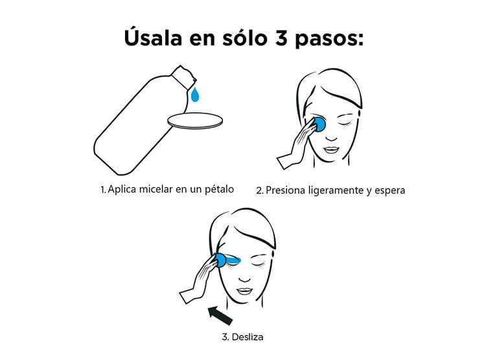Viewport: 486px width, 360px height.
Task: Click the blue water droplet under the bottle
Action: tap(194, 94)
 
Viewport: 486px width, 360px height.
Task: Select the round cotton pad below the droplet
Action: tap(195, 121)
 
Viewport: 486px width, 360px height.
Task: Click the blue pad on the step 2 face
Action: tap(319, 124)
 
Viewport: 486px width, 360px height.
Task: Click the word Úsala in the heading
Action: tap(153, 38)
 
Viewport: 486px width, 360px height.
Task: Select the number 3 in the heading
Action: tap(281, 38)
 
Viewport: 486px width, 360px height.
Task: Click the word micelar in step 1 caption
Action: tap(156, 189)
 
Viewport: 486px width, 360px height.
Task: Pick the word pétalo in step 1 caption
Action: tap(220, 189)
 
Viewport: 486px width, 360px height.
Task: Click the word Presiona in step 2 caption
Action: tap(286, 190)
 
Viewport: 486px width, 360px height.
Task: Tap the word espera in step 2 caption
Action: tap(389, 191)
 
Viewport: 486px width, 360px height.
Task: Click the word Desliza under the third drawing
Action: tap(248, 337)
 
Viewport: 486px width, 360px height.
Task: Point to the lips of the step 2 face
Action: tap(332, 150)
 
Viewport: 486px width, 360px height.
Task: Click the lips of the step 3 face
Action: tap(244, 291)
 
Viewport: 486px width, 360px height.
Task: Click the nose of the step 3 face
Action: tap(245, 277)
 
